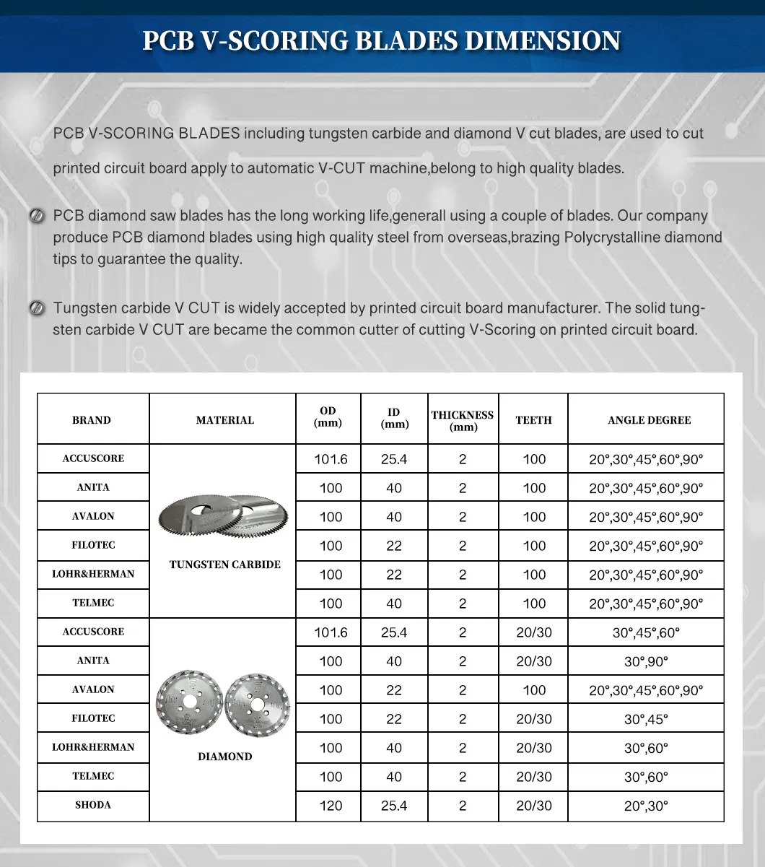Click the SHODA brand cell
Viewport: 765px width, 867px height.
[93, 805]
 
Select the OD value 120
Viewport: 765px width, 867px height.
[331, 806]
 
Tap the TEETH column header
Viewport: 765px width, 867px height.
[533, 419]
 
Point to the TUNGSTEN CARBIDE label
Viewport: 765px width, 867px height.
[225, 565]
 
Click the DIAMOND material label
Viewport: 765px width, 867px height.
[225, 757]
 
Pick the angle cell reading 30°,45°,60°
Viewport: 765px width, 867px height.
[646, 632]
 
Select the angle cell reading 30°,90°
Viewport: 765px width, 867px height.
[646, 661]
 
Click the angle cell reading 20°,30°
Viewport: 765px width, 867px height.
[646, 806]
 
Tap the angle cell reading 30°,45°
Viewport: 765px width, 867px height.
[646, 719]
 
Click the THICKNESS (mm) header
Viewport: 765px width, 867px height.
[463, 420]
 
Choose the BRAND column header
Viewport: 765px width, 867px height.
[92, 419]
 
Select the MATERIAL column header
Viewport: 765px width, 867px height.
[225, 419]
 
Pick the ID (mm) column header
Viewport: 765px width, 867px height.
[394, 418]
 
